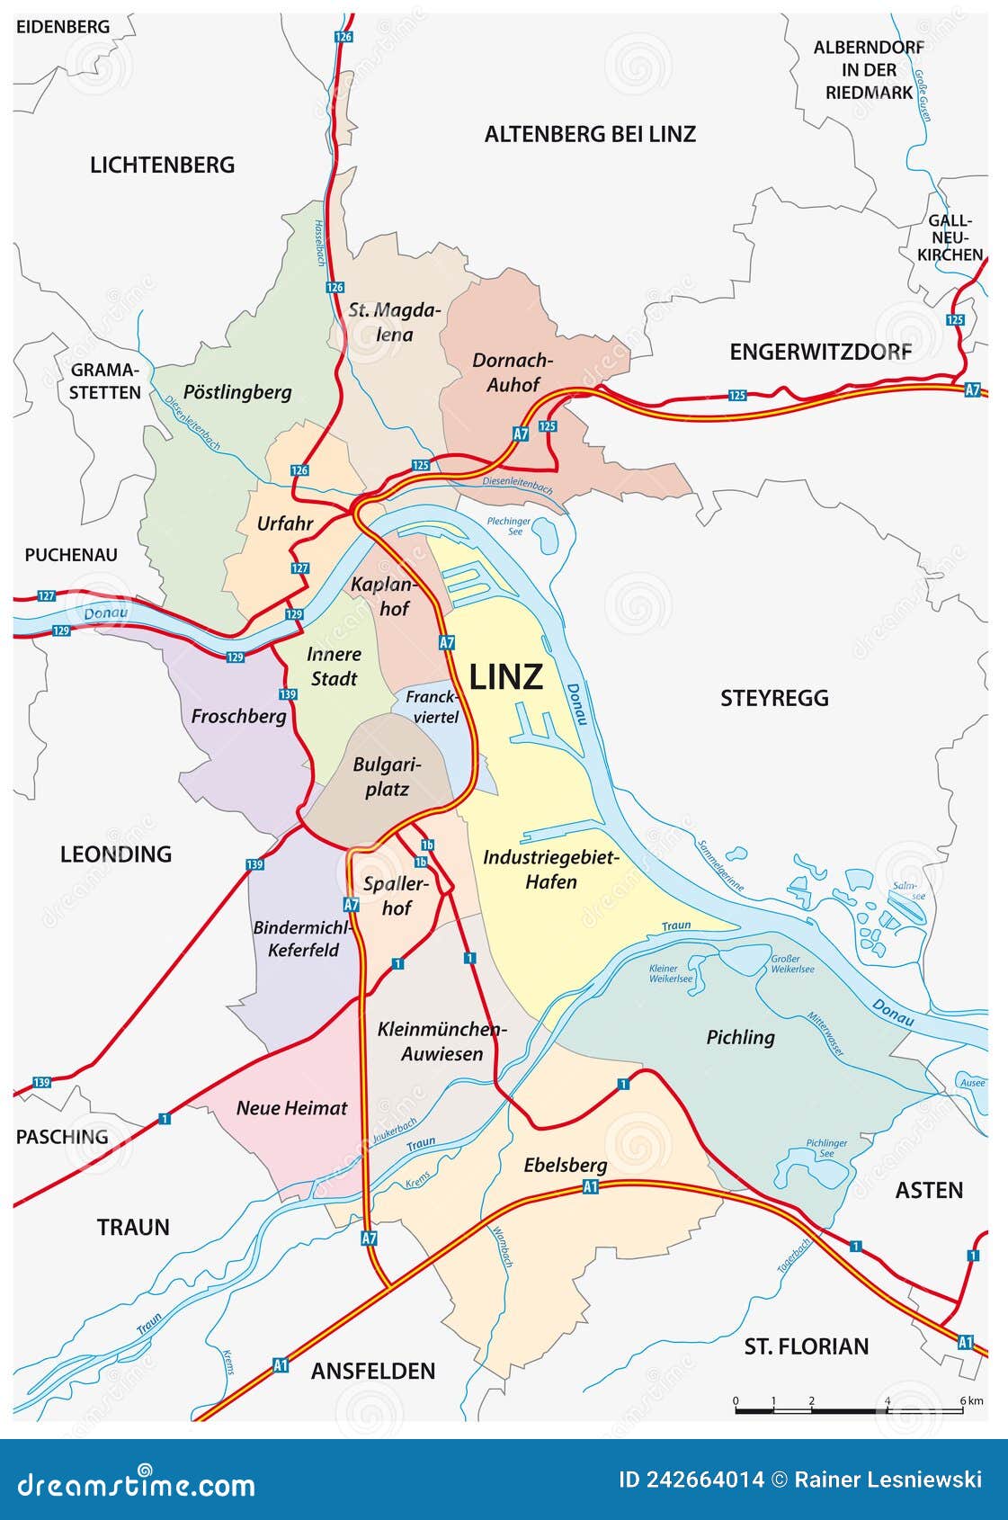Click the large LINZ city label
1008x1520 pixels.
[506, 676]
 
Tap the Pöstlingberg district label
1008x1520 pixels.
[237, 392]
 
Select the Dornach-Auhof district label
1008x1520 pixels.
[513, 372]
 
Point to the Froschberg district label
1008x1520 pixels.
[238, 717]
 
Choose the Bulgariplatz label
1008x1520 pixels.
[388, 777]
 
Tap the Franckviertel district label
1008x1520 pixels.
[432, 707]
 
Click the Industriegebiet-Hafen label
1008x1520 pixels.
[551, 870]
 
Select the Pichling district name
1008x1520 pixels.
[740, 1037]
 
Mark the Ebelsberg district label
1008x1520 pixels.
[566, 1166]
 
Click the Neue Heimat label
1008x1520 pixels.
[291, 1108]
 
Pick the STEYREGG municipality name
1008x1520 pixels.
[774, 698]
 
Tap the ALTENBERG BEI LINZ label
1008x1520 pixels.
[590, 135]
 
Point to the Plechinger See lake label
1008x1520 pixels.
[509, 526]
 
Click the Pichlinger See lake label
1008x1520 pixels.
[826, 1148]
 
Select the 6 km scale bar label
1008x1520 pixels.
[971, 1401]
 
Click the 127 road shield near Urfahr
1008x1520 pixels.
[300, 568]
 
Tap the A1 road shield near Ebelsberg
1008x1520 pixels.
[591, 1187]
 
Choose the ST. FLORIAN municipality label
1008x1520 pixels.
[807, 1346]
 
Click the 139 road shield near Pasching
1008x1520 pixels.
[41, 1082]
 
